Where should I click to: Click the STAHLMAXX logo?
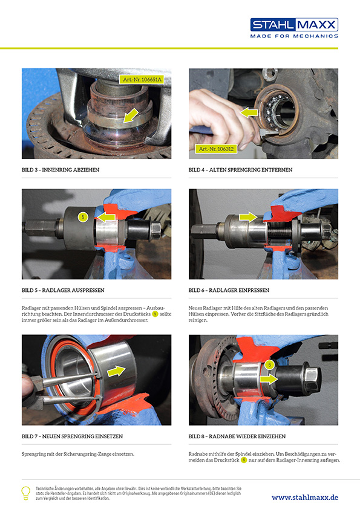[294, 25]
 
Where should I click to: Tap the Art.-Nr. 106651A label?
[142, 79]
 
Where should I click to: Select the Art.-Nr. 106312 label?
[216, 149]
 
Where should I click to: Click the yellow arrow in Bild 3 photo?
[131, 115]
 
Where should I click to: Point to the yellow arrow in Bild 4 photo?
[249, 112]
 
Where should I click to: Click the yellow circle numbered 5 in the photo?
[83, 217]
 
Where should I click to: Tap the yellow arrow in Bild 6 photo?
[248, 216]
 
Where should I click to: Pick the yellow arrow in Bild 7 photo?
[116, 371]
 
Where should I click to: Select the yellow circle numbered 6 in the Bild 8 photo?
[269, 365]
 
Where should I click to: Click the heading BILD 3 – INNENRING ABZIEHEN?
[61, 170]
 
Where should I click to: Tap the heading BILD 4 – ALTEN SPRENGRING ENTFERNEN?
[240, 170]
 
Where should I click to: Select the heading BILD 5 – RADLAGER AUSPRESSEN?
[63, 290]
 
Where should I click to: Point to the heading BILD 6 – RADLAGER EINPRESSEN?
[229, 290]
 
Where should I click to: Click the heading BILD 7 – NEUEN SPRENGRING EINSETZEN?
[72, 436]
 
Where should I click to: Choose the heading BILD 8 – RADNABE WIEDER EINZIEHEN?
[237, 436]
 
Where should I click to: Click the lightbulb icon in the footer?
[25, 493]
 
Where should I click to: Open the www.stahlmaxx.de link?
[305, 498]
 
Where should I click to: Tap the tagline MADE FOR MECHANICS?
[294, 36]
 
